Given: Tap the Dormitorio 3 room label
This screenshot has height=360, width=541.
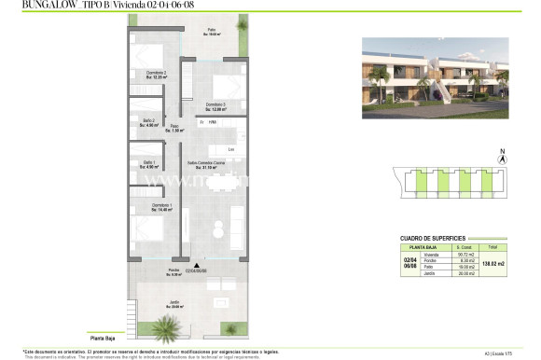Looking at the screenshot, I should tap(216, 104).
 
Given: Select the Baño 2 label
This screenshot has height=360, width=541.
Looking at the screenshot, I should tap(148, 121).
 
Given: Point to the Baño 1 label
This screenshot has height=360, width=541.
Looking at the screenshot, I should tap(148, 164).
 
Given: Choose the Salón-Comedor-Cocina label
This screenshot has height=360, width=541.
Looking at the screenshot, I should tap(208, 164).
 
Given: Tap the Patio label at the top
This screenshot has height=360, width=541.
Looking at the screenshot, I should tap(212, 31).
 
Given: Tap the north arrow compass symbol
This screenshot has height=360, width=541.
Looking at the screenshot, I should tap(503, 159).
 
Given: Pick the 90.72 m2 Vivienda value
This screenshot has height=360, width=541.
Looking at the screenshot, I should tap(465, 255).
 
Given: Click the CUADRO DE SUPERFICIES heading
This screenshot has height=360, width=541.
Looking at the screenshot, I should tap(431, 238).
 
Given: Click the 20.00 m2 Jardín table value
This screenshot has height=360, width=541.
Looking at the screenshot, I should tap(465, 273).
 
